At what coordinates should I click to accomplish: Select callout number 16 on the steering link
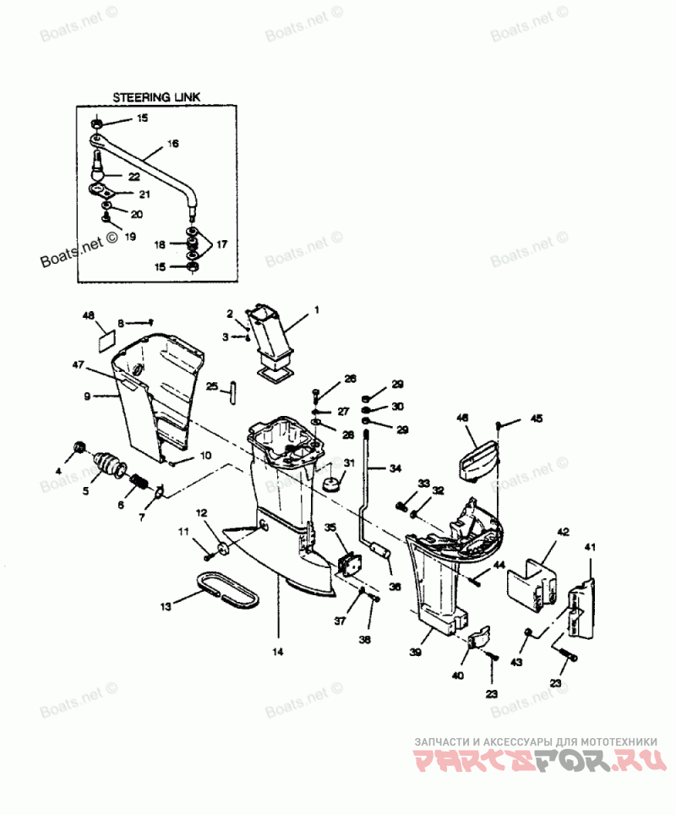tap(172, 144)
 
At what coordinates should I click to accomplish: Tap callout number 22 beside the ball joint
tap(134, 176)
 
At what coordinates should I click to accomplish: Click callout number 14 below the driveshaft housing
tap(278, 652)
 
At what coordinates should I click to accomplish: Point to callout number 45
tap(537, 418)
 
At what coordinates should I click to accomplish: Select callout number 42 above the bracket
tap(563, 532)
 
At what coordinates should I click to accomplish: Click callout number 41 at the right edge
tap(590, 548)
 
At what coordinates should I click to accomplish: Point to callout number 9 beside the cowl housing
tap(87, 395)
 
